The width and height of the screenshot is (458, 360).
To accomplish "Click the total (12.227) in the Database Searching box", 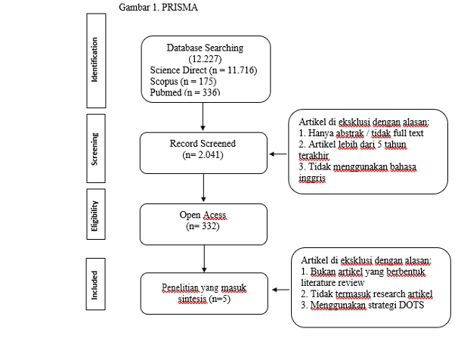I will tap(205, 59).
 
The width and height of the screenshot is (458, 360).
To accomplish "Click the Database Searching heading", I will tap(205, 48).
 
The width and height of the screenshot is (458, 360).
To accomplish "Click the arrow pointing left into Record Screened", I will tap(278, 154).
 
